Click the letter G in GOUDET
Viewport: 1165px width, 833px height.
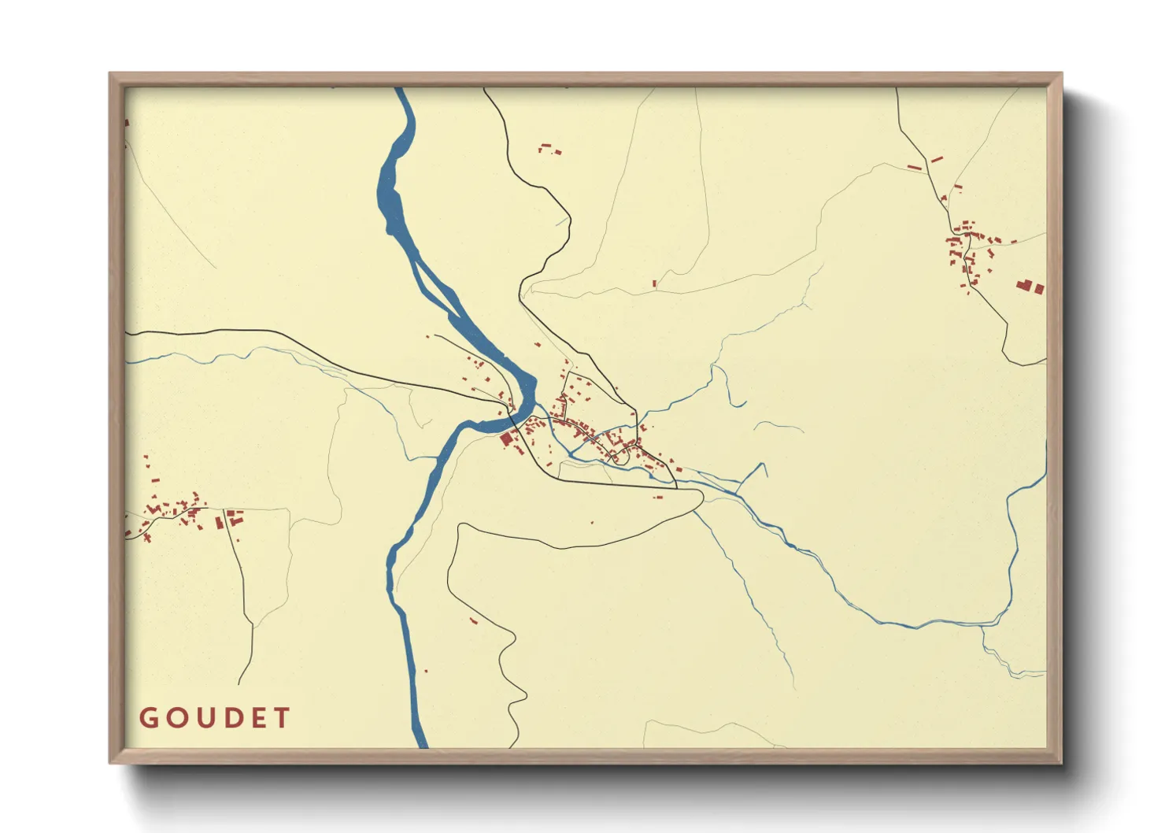coord(148,718)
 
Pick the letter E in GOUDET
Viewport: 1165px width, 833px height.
coord(257,718)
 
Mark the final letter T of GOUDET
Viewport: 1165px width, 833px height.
coord(282,718)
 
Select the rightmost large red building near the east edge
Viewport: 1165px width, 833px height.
coord(1038,289)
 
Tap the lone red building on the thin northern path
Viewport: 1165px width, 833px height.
coord(653,283)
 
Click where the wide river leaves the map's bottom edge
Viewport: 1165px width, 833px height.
coord(421,745)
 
